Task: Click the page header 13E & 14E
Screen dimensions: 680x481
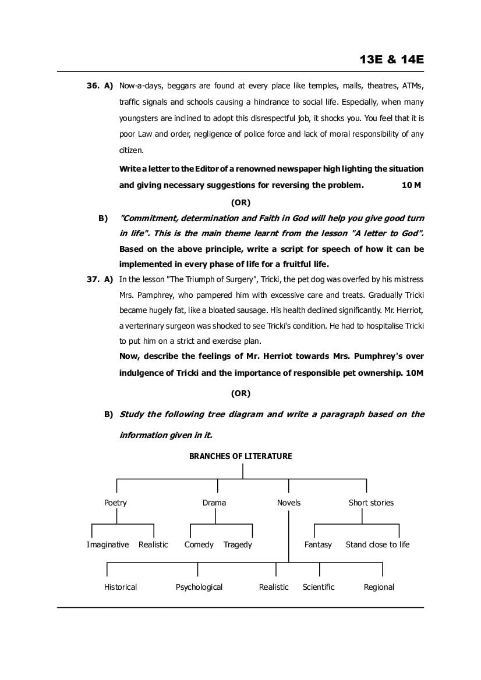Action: (391, 60)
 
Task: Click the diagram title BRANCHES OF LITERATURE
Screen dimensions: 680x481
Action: (240, 456)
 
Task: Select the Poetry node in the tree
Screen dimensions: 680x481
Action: (115, 503)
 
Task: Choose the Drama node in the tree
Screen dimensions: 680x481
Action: (214, 503)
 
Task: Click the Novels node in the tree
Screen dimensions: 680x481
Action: (289, 503)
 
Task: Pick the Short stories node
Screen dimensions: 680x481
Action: (371, 503)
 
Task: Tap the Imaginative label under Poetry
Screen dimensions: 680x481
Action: (108, 544)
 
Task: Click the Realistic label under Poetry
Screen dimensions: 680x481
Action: (153, 544)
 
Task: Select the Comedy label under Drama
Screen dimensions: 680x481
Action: (199, 544)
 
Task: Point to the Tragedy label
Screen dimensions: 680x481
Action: (238, 544)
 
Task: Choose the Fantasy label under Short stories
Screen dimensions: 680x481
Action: (318, 544)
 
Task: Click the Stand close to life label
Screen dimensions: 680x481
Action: (377, 544)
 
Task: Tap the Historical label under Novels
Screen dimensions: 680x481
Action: (121, 587)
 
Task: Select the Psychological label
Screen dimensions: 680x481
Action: (199, 587)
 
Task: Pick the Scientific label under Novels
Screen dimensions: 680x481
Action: (319, 587)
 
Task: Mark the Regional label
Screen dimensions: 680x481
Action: (379, 587)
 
